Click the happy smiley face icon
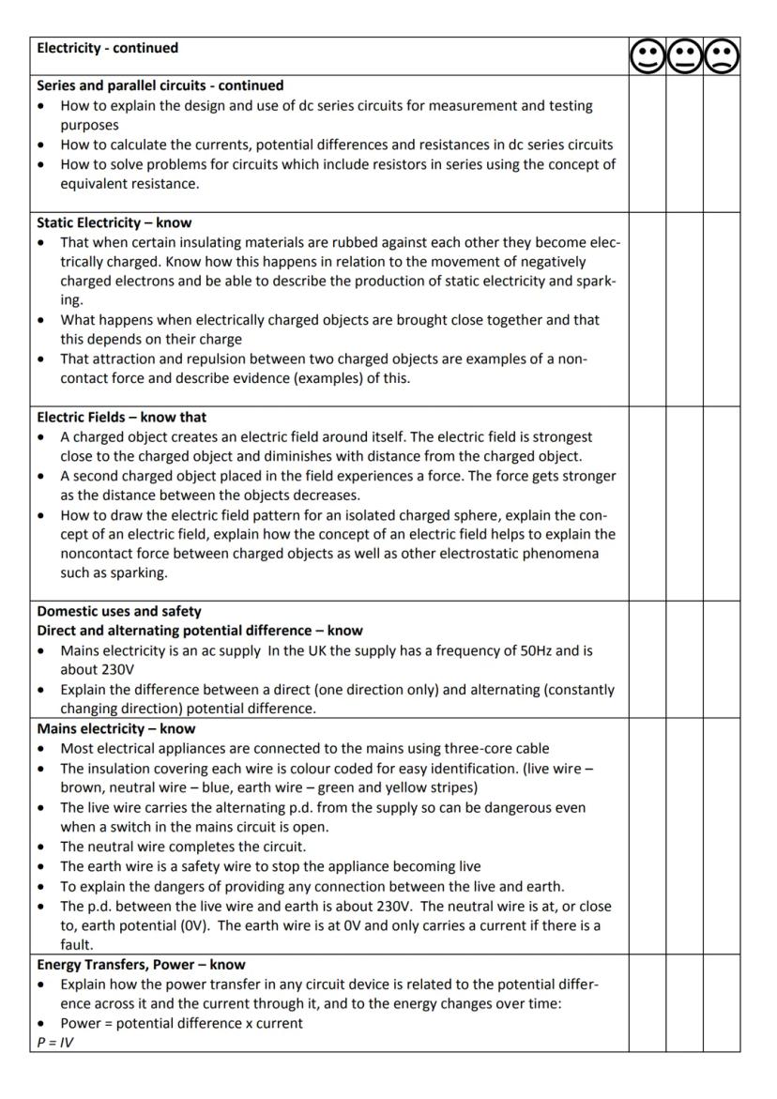[x=647, y=57]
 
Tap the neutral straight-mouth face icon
[x=684, y=57]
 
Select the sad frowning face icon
[x=722, y=57]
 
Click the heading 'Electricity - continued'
[x=107, y=48]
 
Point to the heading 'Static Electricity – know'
[x=114, y=222]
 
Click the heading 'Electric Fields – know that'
[x=121, y=417]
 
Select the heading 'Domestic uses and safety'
[x=118, y=611]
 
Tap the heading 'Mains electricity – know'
[x=115, y=728]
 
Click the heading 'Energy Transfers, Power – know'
[x=141, y=964]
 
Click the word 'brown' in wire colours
[x=84, y=787]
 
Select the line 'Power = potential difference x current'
[x=181, y=1023]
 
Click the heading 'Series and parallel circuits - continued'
[x=160, y=85]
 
